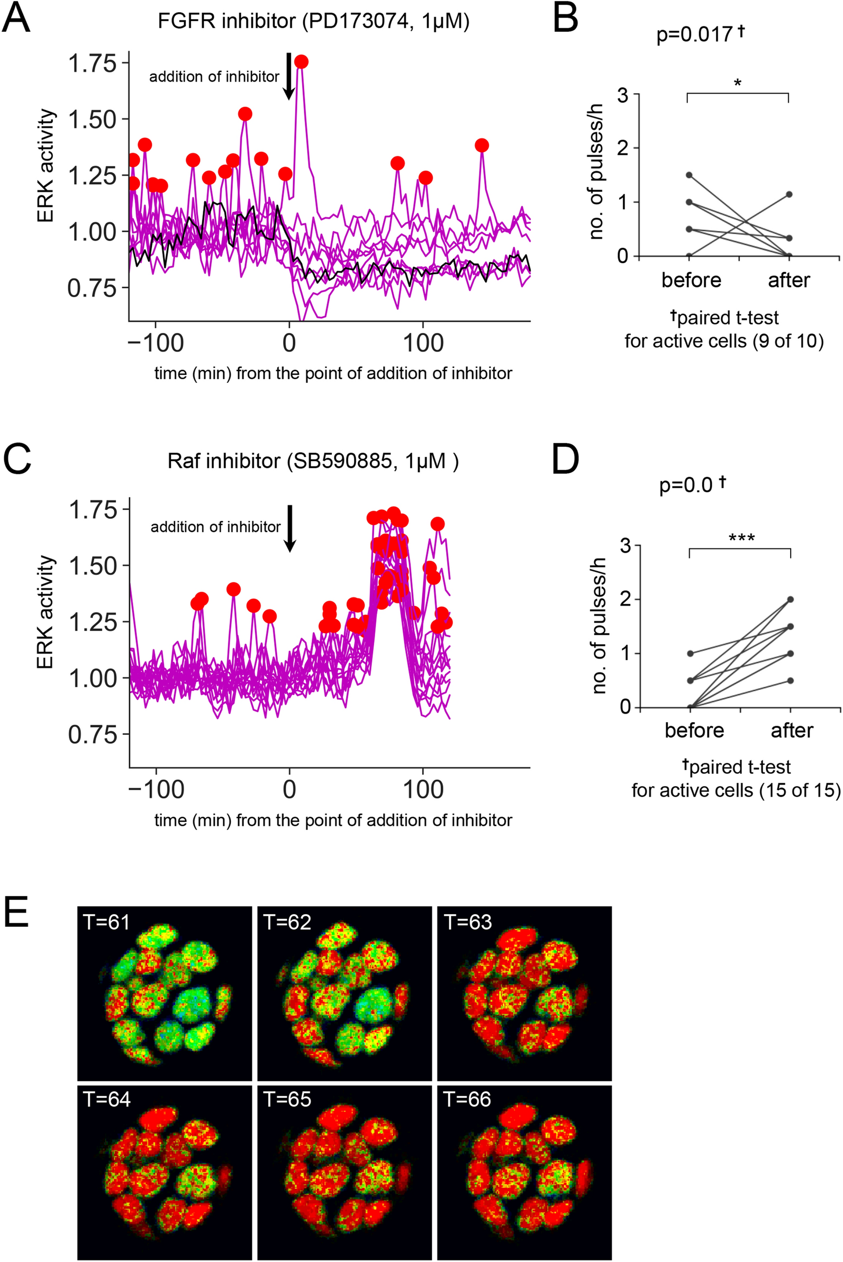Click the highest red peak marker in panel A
(x=301, y=62)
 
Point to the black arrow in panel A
(x=289, y=76)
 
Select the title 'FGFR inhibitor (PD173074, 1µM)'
(x=313, y=21)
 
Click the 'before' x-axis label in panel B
(x=691, y=280)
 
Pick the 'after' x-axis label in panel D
(x=791, y=730)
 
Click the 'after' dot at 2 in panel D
(x=790, y=599)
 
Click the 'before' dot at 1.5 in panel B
(x=688, y=175)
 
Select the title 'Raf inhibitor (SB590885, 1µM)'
(x=313, y=462)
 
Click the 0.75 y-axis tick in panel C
(x=92, y=735)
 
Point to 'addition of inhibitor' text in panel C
(x=215, y=527)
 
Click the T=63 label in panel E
(x=468, y=922)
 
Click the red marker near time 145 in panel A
(x=482, y=145)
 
